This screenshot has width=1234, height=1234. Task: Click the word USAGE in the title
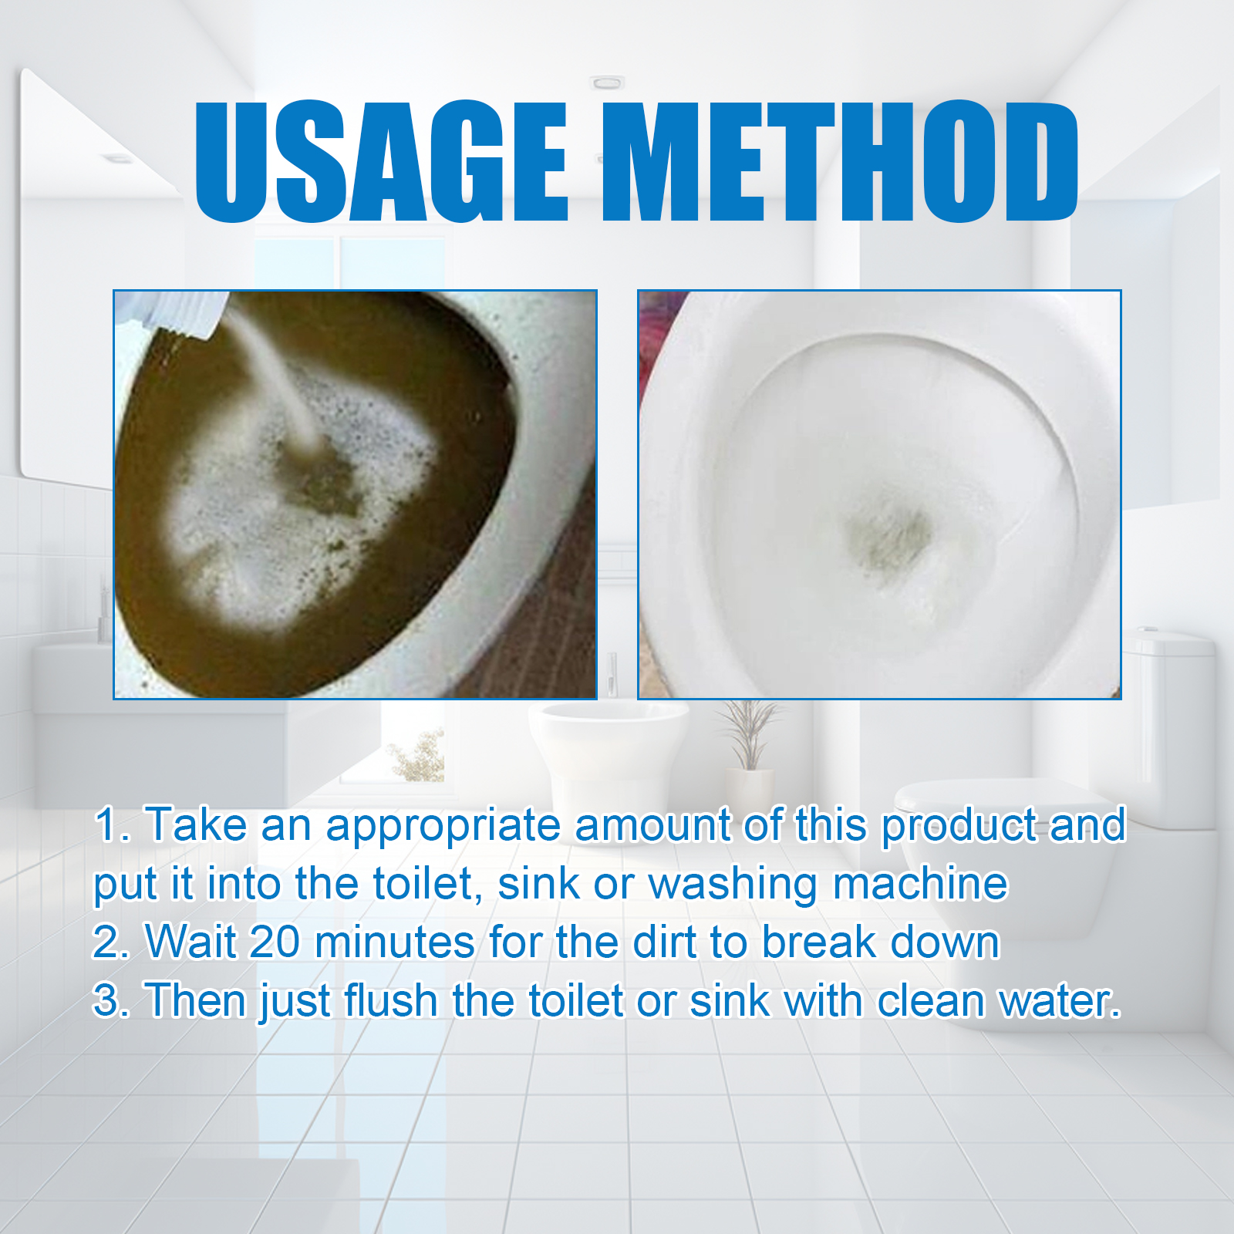[x=381, y=161]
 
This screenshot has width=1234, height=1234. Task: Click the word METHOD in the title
[x=839, y=161]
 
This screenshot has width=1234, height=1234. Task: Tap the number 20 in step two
[x=275, y=942]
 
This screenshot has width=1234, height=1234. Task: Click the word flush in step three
[x=391, y=1001]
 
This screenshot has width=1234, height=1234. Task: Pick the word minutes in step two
[x=394, y=942]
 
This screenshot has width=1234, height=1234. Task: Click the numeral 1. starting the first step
[x=112, y=825]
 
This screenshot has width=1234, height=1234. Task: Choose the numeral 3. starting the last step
[x=112, y=1001]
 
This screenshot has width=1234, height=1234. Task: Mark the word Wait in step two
[x=190, y=942]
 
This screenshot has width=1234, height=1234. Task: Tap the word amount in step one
[x=652, y=825]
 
